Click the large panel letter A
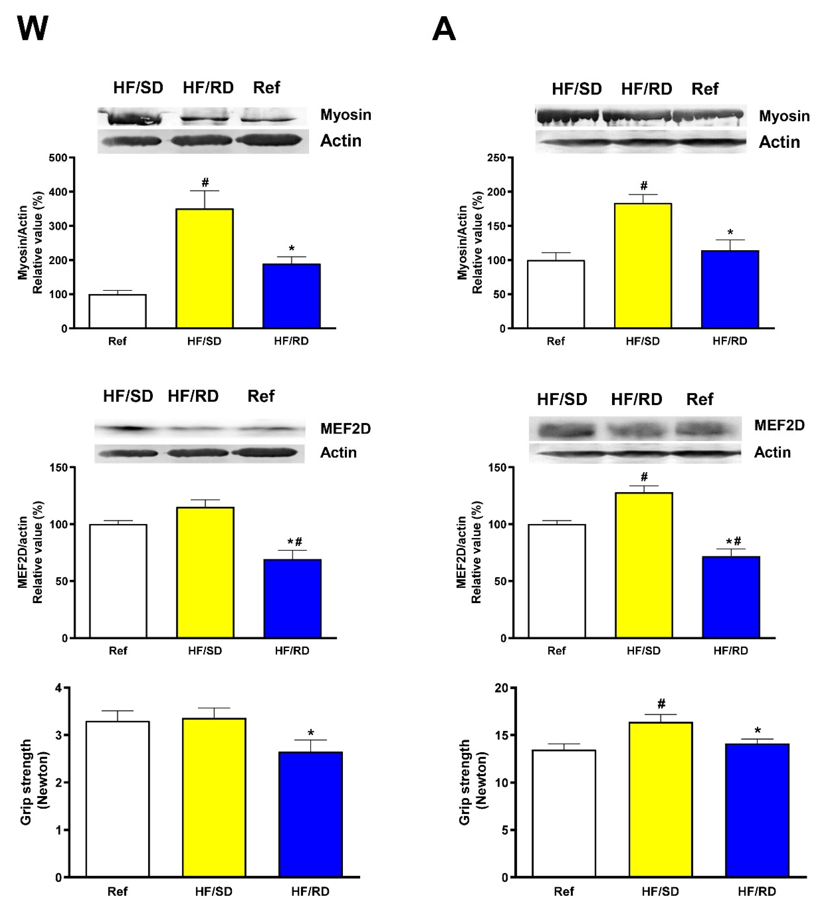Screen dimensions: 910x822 click(x=444, y=30)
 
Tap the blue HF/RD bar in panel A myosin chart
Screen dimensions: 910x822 click(x=730, y=289)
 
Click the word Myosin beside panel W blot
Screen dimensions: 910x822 click(x=346, y=115)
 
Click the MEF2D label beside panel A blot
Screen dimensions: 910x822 click(x=780, y=425)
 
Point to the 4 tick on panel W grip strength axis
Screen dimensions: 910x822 click(x=58, y=688)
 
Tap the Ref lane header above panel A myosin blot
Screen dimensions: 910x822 click(x=705, y=89)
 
